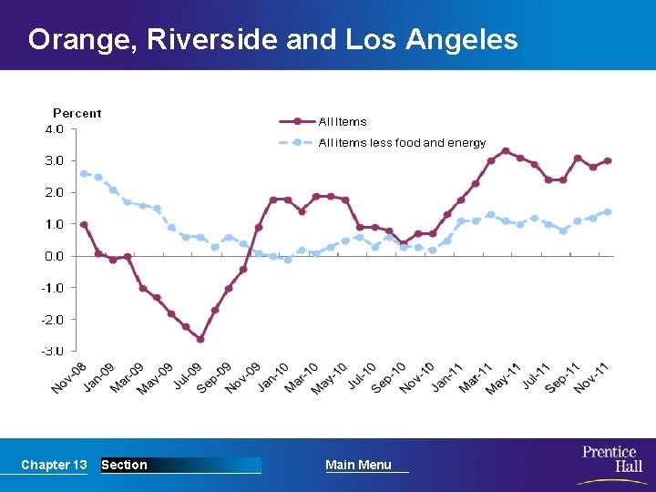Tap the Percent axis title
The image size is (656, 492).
[x=77, y=113]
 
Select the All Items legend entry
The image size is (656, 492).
[x=343, y=121]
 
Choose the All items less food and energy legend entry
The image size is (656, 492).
[x=402, y=143]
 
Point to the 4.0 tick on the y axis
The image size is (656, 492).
[x=55, y=129]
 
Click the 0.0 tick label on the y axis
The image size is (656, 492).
[x=55, y=256]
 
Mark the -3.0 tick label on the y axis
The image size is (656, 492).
[x=54, y=351]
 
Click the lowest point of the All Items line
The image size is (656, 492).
[x=200, y=339]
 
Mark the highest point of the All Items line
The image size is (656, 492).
[x=506, y=151]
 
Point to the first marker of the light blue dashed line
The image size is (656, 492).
[x=84, y=173]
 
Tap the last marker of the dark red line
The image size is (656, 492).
[x=608, y=160]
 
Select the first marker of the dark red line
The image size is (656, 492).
[x=84, y=224]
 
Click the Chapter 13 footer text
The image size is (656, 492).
[x=54, y=465]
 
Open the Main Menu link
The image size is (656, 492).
[x=358, y=465]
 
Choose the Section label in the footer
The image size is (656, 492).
[x=124, y=465]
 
